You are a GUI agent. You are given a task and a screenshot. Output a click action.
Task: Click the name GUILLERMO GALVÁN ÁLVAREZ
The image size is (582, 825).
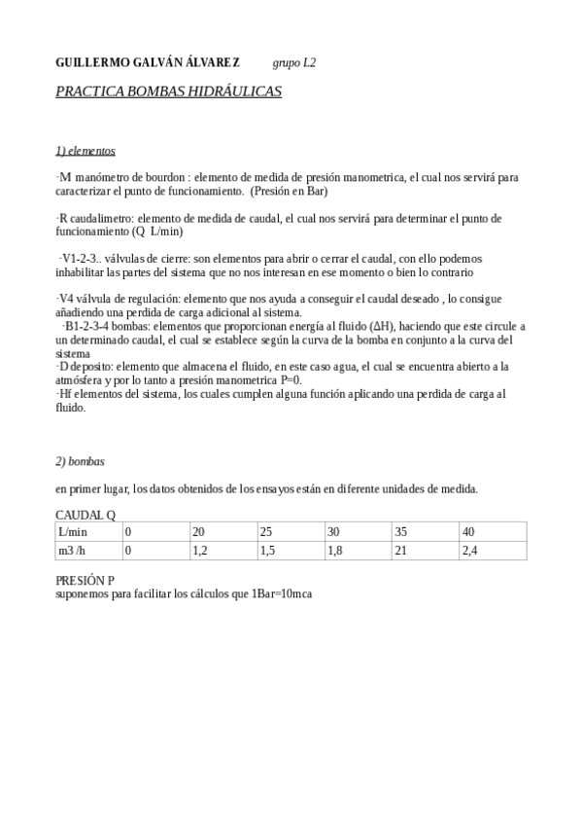coord(148,63)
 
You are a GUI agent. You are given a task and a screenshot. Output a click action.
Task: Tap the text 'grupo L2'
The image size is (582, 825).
coord(294,63)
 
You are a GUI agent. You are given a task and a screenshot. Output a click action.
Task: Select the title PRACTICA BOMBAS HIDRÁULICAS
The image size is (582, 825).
coord(168,91)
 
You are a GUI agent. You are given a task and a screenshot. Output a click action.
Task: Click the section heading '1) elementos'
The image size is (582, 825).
coord(86,151)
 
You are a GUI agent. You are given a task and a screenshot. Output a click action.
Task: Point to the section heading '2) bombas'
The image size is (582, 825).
coord(80,460)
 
